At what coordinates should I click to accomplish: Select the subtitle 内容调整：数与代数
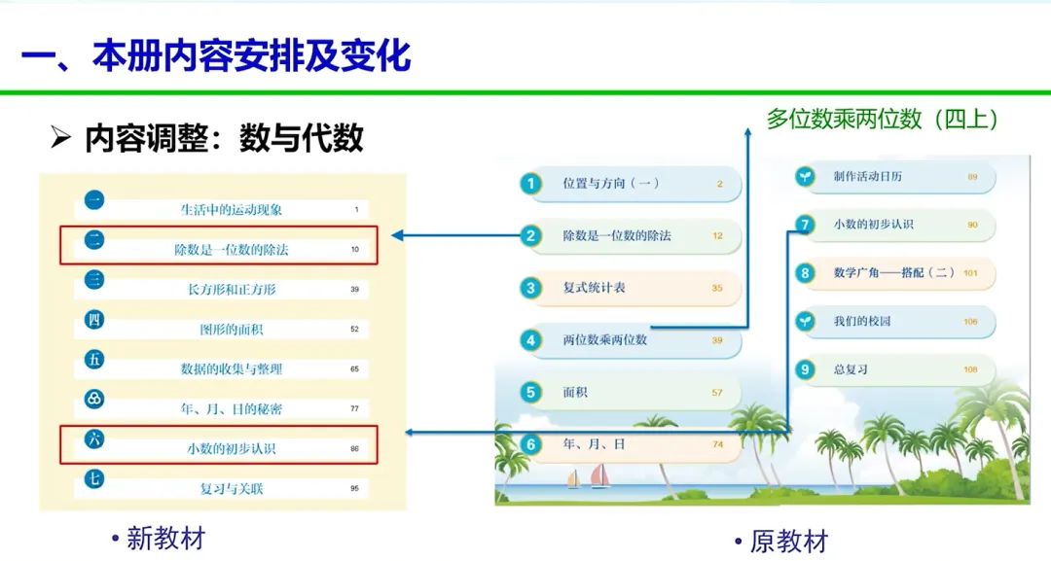tap(224, 139)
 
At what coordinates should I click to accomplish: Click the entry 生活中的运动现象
tap(232, 209)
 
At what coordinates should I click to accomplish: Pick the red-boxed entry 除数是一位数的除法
tap(232, 250)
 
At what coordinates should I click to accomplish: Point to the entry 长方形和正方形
tap(232, 289)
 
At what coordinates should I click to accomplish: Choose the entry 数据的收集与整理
tap(232, 368)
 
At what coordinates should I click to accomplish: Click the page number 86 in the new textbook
tap(354, 449)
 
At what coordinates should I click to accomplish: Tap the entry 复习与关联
tap(232, 488)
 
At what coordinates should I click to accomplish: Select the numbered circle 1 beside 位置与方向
tap(530, 183)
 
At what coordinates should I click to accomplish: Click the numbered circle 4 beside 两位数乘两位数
tap(530, 340)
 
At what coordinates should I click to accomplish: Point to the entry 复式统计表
tap(595, 288)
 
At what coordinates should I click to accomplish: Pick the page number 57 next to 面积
tap(717, 393)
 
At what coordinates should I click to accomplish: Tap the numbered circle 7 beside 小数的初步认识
tap(805, 225)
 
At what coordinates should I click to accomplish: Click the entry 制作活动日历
tap(868, 177)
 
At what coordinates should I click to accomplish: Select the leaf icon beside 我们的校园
tap(805, 321)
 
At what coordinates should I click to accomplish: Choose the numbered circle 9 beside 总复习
tap(805, 369)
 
